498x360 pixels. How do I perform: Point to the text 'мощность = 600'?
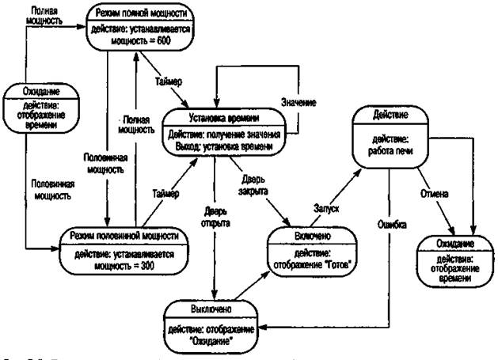point(142,40)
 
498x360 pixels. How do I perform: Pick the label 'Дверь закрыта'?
point(256,187)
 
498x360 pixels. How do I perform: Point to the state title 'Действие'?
point(391,116)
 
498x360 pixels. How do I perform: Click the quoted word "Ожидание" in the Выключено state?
point(215,340)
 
